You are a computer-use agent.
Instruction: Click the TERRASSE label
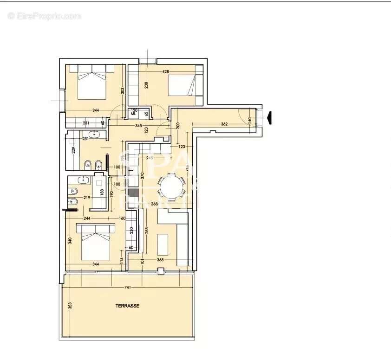(x=127, y=306)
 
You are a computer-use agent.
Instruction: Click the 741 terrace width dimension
(x=127, y=288)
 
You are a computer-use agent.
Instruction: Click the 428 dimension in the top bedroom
(x=165, y=72)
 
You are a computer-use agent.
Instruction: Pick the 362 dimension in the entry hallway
(x=224, y=124)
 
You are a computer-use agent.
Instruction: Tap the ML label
(x=133, y=113)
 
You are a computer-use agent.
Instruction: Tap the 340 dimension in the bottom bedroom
(x=70, y=241)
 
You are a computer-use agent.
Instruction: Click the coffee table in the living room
(x=163, y=245)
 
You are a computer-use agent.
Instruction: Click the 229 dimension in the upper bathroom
(x=73, y=150)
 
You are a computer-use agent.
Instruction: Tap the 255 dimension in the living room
(x=147, y=231)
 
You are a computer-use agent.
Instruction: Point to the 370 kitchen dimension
(x=143, y=175)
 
